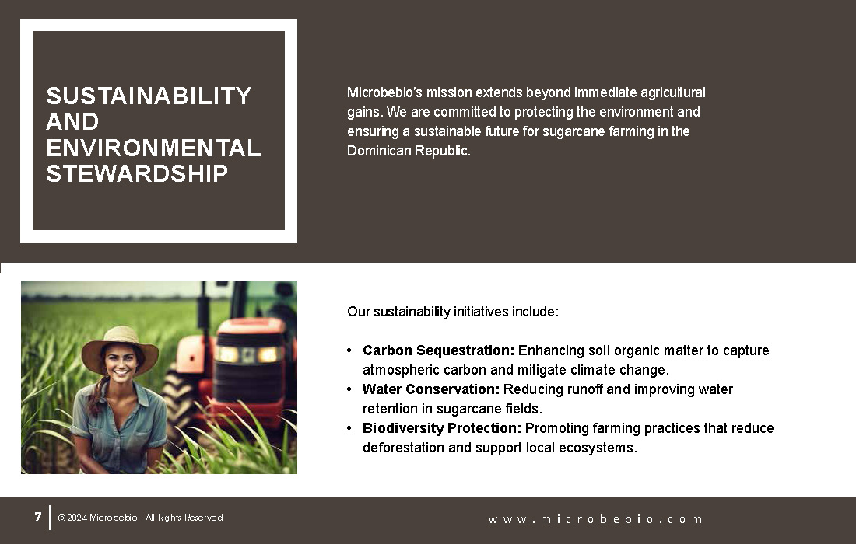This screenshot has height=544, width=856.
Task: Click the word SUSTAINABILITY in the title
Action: [149, 96]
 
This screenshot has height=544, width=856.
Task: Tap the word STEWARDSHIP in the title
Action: [137, 173]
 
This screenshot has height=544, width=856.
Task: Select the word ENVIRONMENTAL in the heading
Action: [154, 148]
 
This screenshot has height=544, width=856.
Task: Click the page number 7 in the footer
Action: [37, 517]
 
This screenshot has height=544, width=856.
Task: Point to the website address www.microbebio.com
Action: [595, 519]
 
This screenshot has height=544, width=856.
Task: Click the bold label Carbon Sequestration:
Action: [438, 350]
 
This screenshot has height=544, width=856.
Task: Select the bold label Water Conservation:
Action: [431, 389]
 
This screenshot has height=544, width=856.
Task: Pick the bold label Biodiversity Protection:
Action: [442, 428]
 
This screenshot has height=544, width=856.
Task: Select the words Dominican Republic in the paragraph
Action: [409, 151]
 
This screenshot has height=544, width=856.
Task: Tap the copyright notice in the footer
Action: [140, 518]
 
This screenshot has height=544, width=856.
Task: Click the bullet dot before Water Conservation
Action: [349, 389]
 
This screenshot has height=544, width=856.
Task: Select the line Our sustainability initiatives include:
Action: [453, 312]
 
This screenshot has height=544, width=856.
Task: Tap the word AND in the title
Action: [72, 121]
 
